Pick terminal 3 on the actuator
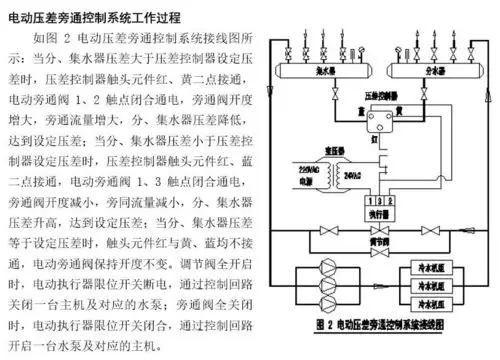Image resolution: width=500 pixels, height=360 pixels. click(387, 199)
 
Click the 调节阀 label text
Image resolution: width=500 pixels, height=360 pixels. click(378, 244)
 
